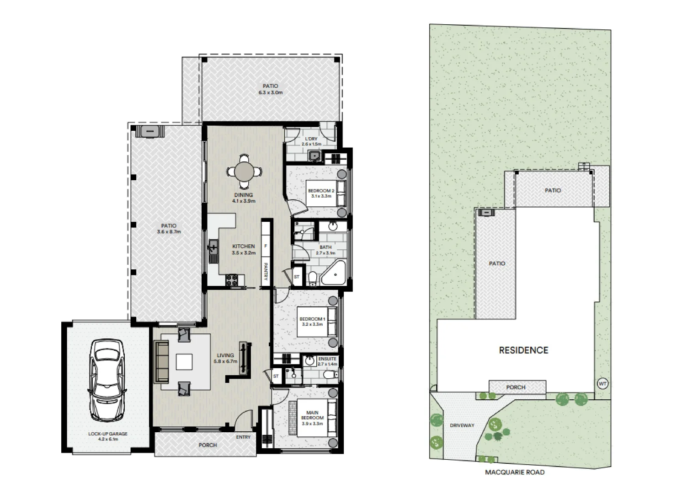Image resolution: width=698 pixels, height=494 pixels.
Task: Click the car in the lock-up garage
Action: point(107,380)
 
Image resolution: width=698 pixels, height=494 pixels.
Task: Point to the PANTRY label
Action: point(266,272)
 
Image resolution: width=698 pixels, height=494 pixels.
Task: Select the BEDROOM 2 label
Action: point(321,191)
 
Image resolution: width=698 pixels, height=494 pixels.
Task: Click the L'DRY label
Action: point(311,139)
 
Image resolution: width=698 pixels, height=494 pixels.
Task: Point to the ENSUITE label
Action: point(327,359)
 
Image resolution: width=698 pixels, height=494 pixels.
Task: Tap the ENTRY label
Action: point(243,437)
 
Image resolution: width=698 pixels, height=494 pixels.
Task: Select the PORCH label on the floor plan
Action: point(208,445)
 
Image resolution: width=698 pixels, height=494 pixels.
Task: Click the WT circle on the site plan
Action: point(602,384)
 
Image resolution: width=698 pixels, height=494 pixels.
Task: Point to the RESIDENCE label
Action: point(523,350)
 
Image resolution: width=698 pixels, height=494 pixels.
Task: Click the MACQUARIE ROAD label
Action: point(515,473)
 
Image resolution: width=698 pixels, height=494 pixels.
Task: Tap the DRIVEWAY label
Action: point(462,425)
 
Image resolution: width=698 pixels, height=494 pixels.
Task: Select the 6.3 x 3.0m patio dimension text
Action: point(270,93)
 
